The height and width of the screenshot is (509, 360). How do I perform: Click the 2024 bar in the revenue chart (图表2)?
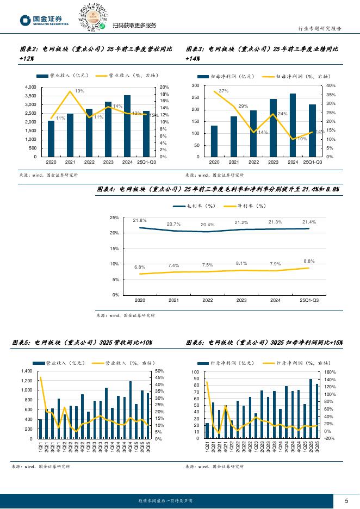pos(127,126)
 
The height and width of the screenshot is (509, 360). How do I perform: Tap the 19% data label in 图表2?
pos(79,91)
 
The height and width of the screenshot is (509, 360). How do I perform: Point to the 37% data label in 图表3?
pos(223,91)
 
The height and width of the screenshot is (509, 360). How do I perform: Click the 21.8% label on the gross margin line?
pos(140,220)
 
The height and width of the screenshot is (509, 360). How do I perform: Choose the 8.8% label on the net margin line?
pos(309,261)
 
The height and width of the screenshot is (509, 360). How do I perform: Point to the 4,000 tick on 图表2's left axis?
pos(30,87)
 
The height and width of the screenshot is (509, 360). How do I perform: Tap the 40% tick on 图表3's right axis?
pos(331,86)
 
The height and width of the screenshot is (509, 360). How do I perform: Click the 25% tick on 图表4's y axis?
pos(115,218)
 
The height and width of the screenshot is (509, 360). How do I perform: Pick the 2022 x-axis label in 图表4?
pos(208,300)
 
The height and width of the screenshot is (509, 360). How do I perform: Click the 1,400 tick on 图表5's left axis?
pos(26,371)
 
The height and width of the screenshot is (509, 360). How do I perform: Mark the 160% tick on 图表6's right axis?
pos(330,372)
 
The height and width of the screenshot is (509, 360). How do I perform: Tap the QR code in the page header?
pos(90,16)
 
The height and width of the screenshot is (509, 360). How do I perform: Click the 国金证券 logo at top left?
pos(45,20)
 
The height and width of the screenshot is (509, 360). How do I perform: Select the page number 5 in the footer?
pos(346,501)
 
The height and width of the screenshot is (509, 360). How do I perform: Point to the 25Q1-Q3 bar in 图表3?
pos(312,131)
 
